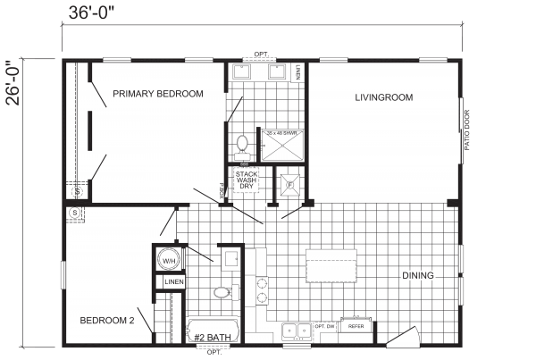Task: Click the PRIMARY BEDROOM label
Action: coord(155,93)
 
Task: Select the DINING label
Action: coord(417,276)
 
